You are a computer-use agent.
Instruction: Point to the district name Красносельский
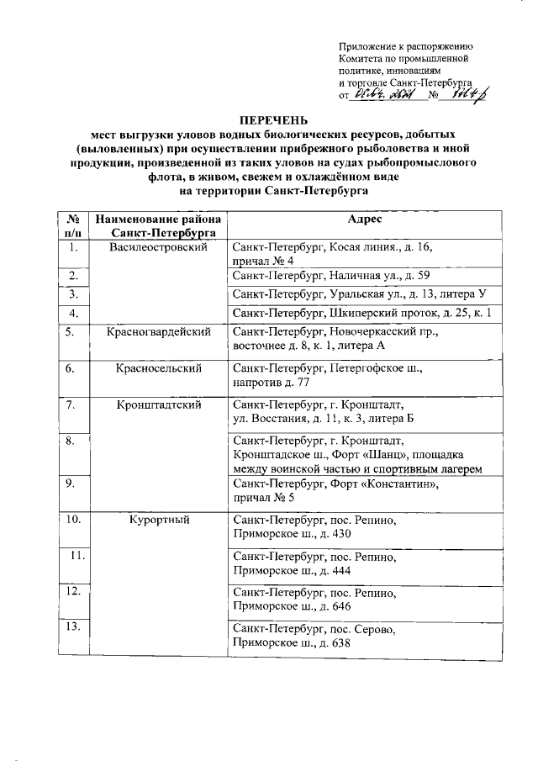point(158,368)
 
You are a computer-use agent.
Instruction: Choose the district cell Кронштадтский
point(158,404)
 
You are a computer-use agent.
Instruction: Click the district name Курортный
point(158,520)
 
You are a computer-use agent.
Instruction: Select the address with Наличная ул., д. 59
point(331,275)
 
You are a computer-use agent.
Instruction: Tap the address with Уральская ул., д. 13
point(358,293)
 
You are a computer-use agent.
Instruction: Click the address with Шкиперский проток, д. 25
point(362,313)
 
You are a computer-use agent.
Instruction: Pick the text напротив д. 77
point(275,383)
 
